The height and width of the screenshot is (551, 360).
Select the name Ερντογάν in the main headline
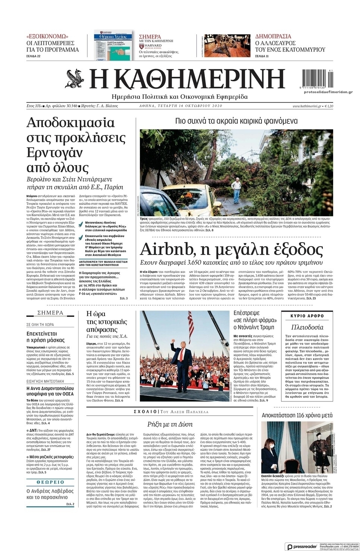[x=55, y=153]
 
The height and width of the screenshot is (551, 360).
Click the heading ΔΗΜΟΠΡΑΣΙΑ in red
[x=273, y=37]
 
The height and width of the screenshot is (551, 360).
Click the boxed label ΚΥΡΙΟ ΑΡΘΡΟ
[x=307, y=316]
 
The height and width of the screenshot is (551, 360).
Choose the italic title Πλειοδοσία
[x=307, y=327]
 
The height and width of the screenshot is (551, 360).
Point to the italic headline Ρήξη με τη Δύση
[x=170, y=424]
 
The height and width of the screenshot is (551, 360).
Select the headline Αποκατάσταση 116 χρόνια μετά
[x=297, y=415]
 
